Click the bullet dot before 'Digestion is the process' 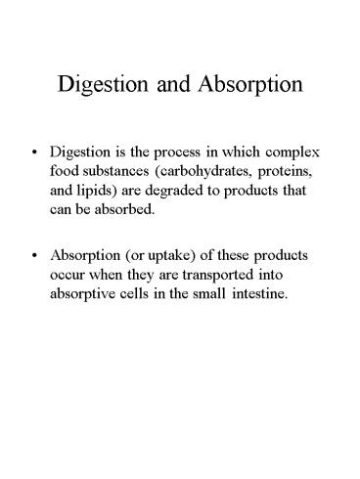tap(36, 154)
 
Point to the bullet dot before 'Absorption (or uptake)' tap(36, 254)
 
